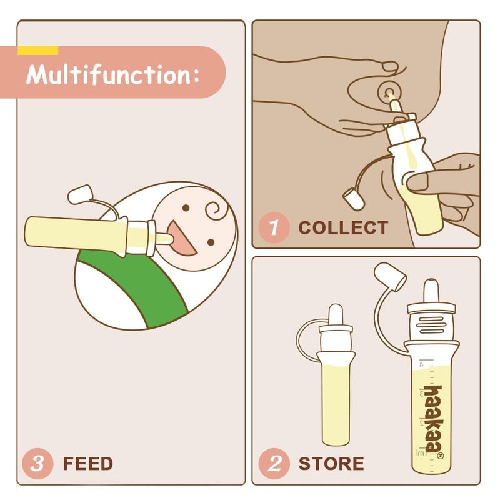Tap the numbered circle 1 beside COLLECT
(274, 227)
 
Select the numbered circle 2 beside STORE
(274, 463)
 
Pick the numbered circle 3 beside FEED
(38, 463)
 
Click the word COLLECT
(343, 227)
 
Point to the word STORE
(331, 464)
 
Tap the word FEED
(88, 464)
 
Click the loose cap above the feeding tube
(80, 194)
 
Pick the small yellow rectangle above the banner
(37, 50)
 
